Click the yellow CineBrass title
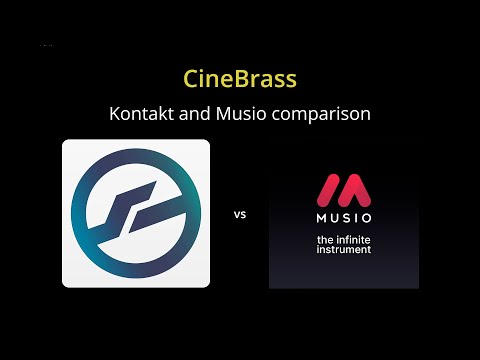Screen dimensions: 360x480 (x=240, y=78)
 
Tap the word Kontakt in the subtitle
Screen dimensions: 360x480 (x=139, y=114)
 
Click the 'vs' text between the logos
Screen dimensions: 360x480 (x=240, y=214)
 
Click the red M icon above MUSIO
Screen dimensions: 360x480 (x=344, y=189)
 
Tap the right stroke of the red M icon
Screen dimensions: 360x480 (x=361, y=191)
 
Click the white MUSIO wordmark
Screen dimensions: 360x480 (x=344, y=217)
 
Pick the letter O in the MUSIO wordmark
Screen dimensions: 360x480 (x=366, y=217)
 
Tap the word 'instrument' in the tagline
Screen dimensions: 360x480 (x=343, y=249)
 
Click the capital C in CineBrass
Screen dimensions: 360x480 (x=192, y=78)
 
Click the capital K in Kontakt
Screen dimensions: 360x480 (x=114, y=114)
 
